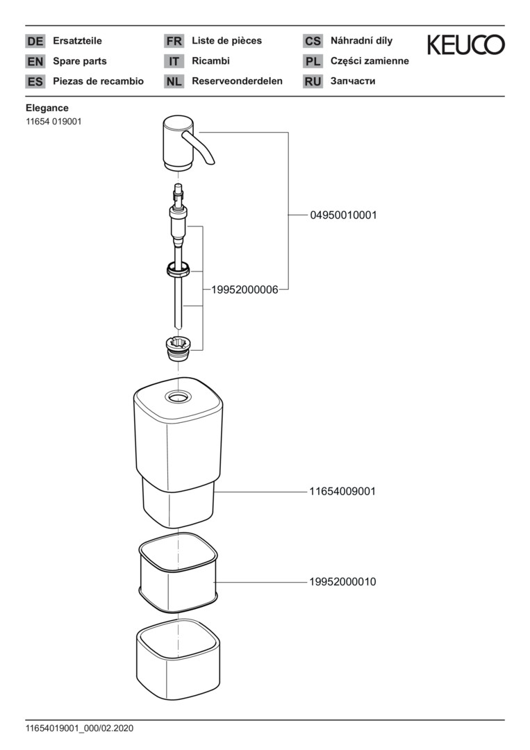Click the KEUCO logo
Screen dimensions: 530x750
[465, 44]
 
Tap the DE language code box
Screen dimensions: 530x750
[35, 41]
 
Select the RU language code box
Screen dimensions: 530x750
[313, 81]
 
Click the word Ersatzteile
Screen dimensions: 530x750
[78, 41]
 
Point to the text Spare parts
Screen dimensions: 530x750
[80, 61]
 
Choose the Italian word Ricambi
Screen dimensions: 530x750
[211, 60]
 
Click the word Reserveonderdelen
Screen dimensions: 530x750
[238, 81]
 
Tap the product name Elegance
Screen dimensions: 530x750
[47, 108]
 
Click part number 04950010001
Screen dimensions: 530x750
[343, 215]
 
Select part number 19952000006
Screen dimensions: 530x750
[245, 290]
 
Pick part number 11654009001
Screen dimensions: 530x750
[342, 491]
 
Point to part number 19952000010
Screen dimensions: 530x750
[342, 582]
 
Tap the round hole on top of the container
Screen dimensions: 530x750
[178, 397]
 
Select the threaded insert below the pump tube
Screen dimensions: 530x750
[179, 348]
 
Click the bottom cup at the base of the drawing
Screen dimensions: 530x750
[178, 660]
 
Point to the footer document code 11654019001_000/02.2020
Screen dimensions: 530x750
[79, 728]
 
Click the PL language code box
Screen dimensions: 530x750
[313, 61]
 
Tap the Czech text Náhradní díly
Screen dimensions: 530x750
[362, 41]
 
